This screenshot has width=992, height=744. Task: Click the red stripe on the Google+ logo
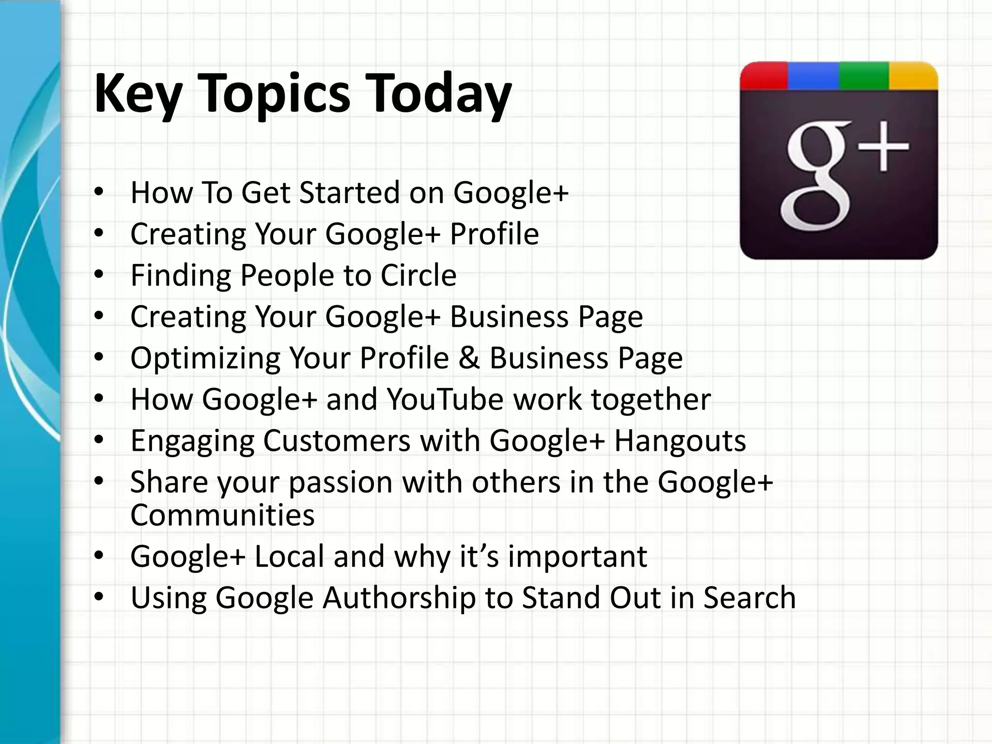click(764, 76)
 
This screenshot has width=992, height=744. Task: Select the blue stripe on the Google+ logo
click(813, 76)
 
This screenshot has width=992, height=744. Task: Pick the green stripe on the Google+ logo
click(864, 76)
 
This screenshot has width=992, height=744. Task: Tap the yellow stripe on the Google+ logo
click(913, 76)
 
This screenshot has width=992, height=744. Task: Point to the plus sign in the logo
click(884, 146)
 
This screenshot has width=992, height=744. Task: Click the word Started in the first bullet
click(349, 192)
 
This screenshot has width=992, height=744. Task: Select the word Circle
click(418, 275)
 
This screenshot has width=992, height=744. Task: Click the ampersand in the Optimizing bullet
click(469, 358)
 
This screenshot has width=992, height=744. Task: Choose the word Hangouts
click(680, 441)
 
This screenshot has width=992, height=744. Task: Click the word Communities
click(222, 514)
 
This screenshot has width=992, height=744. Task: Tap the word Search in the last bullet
click(749, 597)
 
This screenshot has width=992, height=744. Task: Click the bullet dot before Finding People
click(99, 275)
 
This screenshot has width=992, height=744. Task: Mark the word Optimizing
click(205, 359)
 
